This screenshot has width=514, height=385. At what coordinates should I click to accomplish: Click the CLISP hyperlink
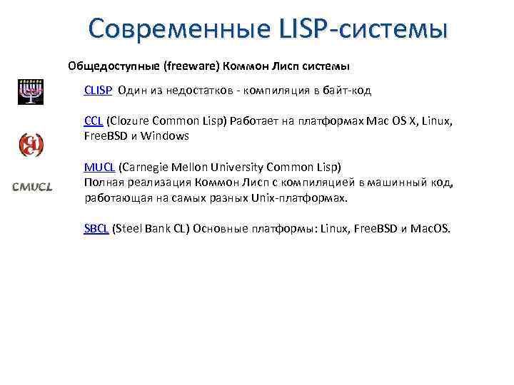(98, 91)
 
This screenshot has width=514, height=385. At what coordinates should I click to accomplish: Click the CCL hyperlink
(93, 121)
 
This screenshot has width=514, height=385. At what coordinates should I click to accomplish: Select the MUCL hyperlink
(99, 168)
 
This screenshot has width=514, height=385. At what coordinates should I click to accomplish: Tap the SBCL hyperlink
(96, 228)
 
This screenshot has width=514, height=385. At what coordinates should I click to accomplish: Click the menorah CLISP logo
(31, 92)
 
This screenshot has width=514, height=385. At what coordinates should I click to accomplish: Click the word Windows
(165, 136)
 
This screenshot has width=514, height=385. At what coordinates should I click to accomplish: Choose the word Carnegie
(147, 168)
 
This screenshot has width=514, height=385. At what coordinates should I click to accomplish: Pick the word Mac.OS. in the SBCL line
(430, 228)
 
